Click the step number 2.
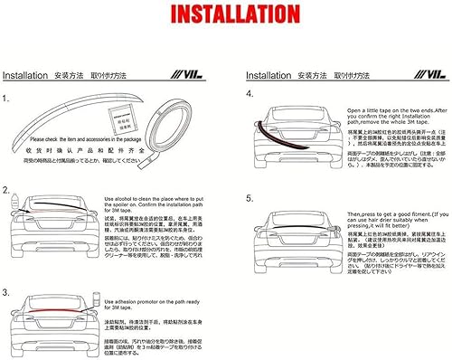(x=7, y=192)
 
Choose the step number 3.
(x=7, y=269)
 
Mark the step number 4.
(x=250, y=94)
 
